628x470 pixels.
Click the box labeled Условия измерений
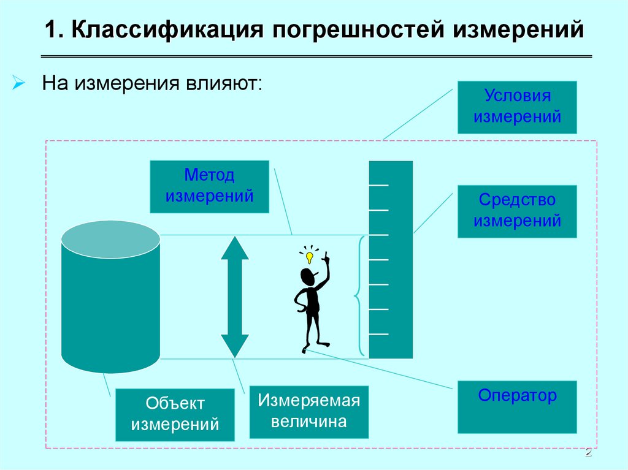(517, 107)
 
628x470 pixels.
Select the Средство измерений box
(517, 211)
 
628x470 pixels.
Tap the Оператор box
(517, 407)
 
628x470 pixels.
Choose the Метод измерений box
(209, 186)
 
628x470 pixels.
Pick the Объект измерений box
(175, 415)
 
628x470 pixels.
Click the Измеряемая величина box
(308, 412)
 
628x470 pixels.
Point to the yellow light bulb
(309, 257)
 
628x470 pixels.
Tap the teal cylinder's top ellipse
(110, 239)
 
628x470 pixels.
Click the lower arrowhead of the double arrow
(234, 344)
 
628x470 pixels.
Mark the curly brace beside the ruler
(359, 297)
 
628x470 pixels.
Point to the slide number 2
(588, 453)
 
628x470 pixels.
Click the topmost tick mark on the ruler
(378, 184)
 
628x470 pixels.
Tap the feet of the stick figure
(313, 347)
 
